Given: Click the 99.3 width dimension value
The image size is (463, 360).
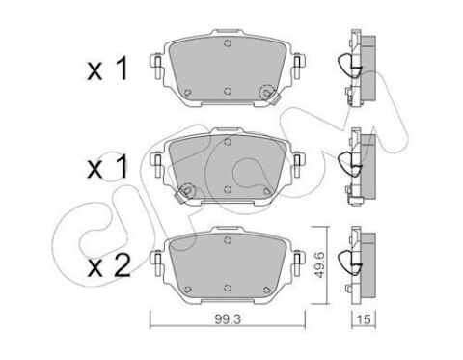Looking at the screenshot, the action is tap(228, 319).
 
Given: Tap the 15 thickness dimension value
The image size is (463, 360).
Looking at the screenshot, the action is tap(364, 319).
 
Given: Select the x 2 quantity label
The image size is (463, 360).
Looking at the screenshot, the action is tap(109, 265).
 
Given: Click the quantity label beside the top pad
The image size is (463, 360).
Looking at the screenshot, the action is tap(108, 69).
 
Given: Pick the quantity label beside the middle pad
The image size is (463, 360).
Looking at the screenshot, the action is tap(108, 167).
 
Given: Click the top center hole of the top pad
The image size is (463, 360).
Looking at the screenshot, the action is tap(228, 43).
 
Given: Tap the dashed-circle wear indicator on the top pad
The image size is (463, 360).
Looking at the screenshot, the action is tap(266, 93).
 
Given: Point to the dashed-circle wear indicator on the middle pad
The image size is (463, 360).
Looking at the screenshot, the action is tap(187, 191).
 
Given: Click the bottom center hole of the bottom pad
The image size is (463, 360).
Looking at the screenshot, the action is tap(228, 288).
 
